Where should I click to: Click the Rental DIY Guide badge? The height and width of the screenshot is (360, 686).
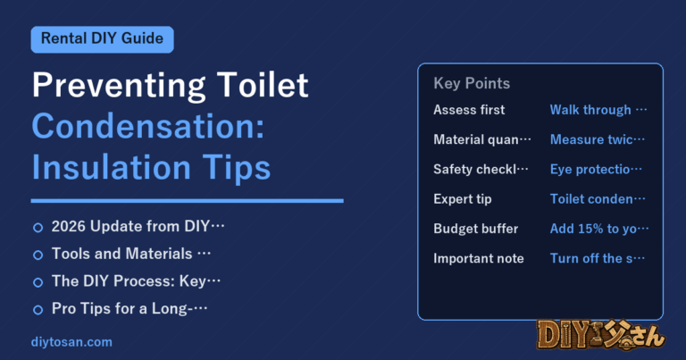[x=103, y=39]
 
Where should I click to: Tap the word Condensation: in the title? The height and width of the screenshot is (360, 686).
[x=148, y=126]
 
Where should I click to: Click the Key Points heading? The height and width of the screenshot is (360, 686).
[x=472, y=83]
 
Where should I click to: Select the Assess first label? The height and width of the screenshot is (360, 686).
[x=469, y=110]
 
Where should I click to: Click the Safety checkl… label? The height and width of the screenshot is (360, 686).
[x=481, y=170]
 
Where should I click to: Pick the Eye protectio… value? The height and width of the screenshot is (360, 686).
[x=596, y=170]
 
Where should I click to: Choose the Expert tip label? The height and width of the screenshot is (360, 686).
[x=463, y=199]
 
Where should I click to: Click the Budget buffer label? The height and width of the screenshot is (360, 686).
[x=475, y=229]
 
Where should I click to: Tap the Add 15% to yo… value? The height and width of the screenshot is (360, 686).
[x=599, y=229]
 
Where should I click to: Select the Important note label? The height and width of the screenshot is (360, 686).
[x=479, y=258]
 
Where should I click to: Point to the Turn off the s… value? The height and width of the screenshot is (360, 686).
[x=598, y=258]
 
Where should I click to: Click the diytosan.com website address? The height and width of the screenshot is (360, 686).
[x=71, y=342]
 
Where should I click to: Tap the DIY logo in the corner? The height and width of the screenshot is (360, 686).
[x=600, y=336]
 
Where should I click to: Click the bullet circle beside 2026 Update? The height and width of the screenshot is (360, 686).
[x=38, y=228]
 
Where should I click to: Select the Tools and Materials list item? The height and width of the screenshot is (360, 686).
[x=131, y=254]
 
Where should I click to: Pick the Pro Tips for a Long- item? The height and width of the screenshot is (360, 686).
[x=130, y=309]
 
